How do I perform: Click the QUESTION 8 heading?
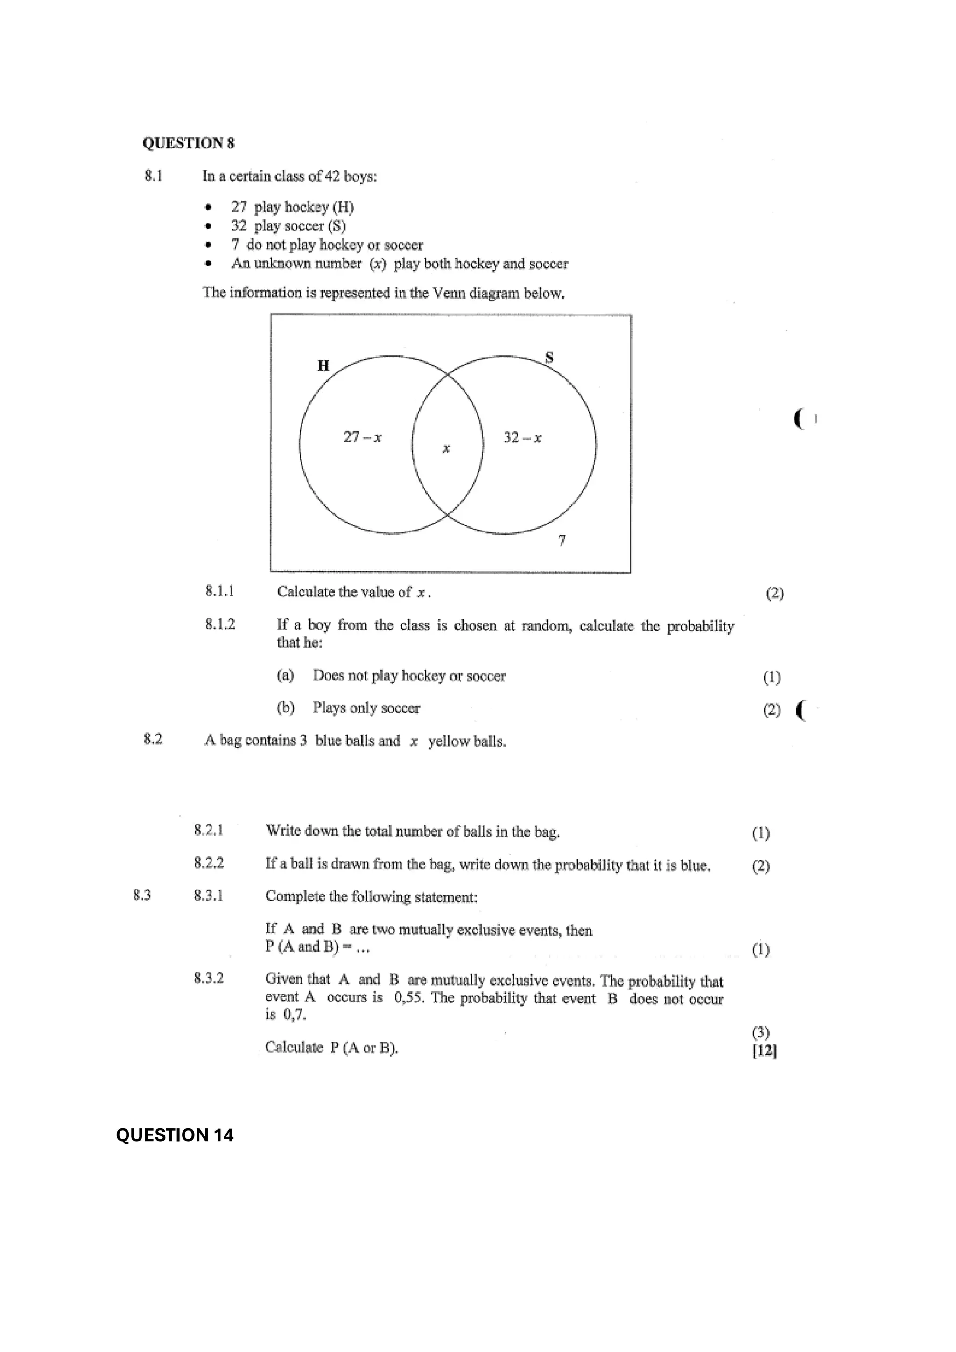189,143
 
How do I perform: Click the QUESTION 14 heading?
175,1135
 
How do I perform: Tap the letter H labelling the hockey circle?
323,366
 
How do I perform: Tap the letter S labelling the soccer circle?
549,357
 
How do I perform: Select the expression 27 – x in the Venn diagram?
362,437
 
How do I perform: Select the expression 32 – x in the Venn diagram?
522,437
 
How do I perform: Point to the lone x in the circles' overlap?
446,448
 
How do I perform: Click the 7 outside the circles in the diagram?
562,540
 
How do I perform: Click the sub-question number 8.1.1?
220,591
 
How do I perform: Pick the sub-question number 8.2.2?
209,863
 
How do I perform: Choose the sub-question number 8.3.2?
209,978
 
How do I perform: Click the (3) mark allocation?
760,1032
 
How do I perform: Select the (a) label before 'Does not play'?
285,675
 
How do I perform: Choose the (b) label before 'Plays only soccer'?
285,708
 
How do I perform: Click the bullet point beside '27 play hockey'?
207,207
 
